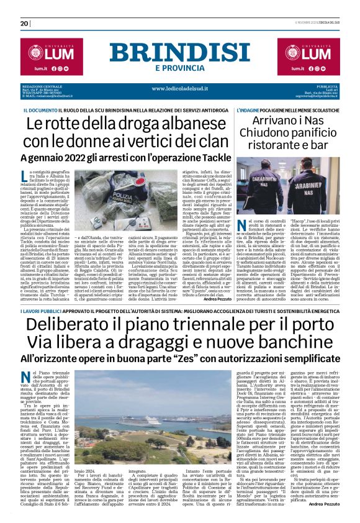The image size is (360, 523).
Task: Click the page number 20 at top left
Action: click(x=24, y=23)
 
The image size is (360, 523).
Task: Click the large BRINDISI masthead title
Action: click(x=179, y=52)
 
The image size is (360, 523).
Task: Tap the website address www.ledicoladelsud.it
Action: click(x=179, y=88)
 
